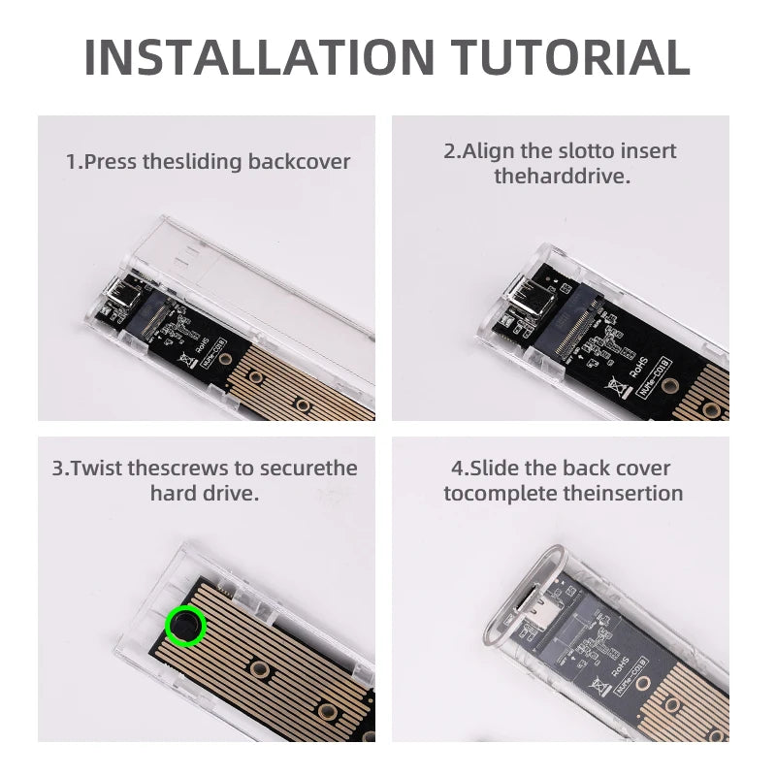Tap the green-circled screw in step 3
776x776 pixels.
[x=185, y=627]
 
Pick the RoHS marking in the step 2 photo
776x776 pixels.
[x=637, y=369]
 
